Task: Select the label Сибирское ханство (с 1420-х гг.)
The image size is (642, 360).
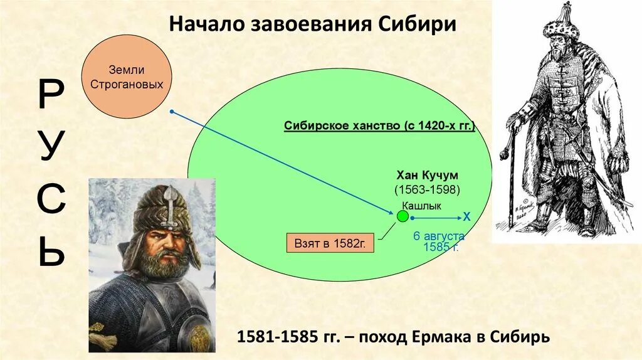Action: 379,125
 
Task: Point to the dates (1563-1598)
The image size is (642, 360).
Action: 427,189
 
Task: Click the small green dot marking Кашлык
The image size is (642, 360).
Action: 403,217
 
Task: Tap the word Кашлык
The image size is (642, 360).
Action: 421,205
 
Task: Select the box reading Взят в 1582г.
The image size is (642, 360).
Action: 330,242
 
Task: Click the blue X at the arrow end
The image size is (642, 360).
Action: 466,217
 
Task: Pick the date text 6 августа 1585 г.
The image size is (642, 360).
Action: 439,241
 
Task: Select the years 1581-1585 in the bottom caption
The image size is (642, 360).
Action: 269,337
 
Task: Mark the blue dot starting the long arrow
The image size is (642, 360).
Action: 172,112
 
